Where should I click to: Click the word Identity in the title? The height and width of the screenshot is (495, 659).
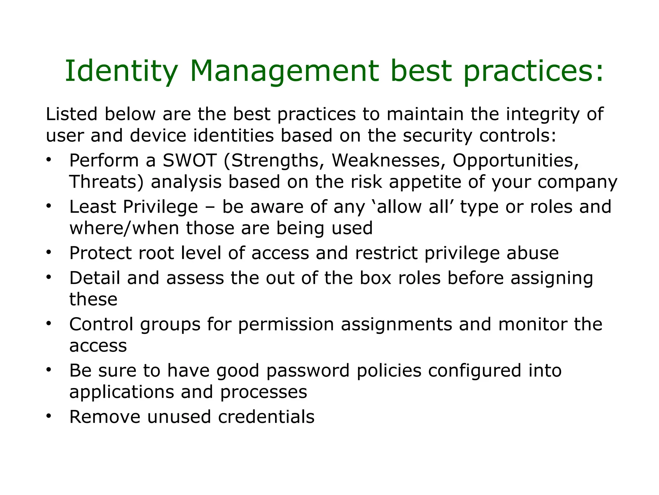(x=121, y=72)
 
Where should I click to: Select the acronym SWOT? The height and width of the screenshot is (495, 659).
(x=189, y=160)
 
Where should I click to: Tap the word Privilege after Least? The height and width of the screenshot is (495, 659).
(x=160, y=207)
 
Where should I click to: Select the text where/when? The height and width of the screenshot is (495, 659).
(x=124, y=228)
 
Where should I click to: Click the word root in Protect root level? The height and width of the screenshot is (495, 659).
(x=156, y=253)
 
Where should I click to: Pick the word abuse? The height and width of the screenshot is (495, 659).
(x=533, y=253)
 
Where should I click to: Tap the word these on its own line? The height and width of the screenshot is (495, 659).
(x=93, y=300)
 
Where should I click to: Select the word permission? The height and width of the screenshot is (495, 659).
(x=286, y=325)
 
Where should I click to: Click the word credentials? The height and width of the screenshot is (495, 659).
(x=266, y=417)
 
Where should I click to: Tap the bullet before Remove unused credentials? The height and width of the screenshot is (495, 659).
(x=49, y=416)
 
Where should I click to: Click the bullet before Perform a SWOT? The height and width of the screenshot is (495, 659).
(x=49, y=160)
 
